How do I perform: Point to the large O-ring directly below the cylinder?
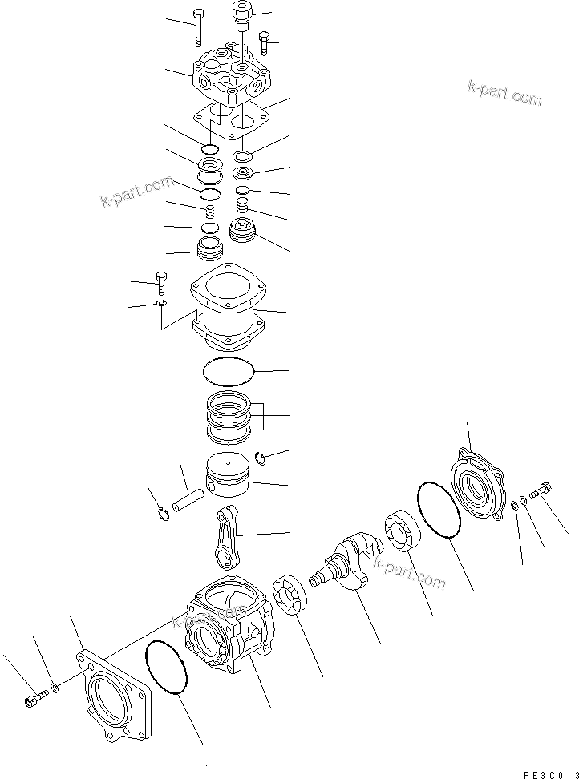229,372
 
